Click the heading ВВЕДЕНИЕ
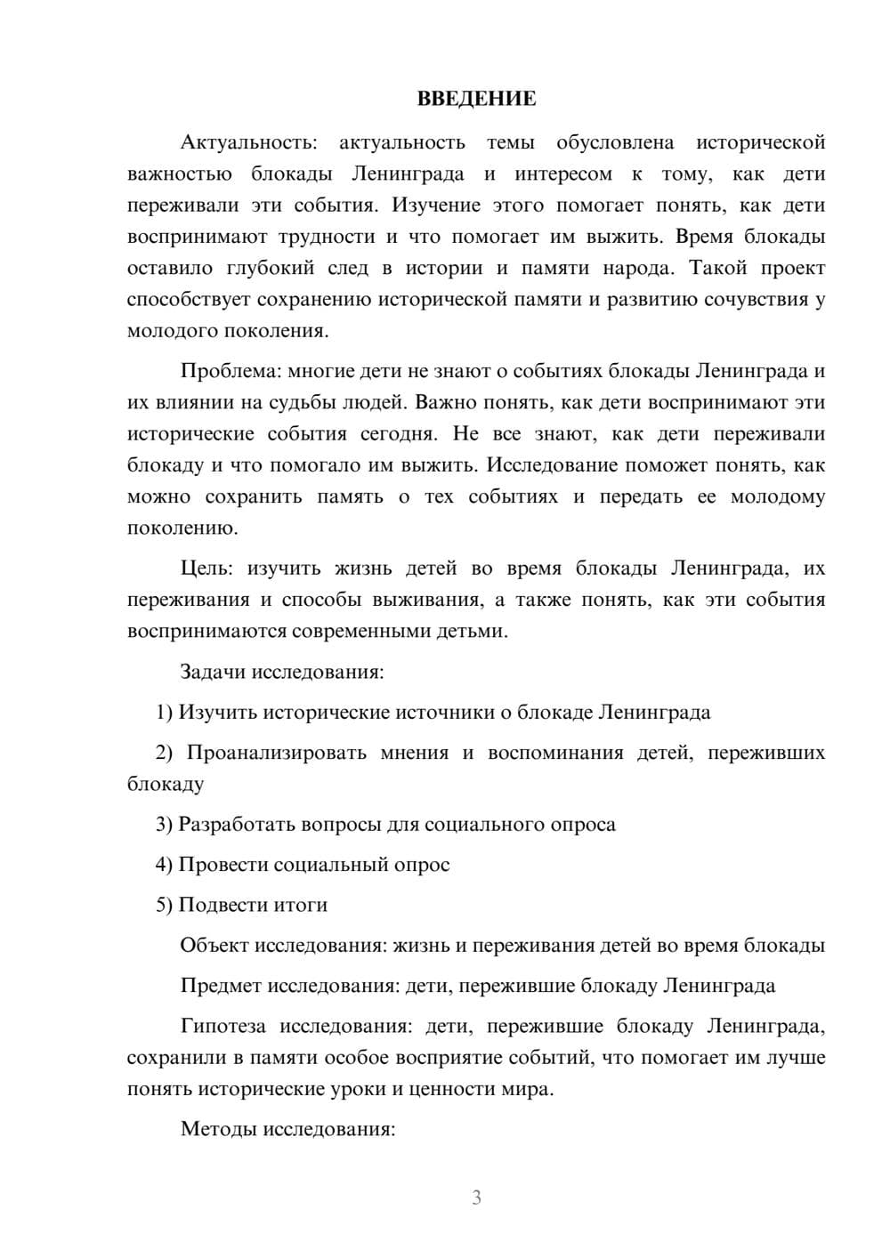coord(476,99)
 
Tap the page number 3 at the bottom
coord(476,1198)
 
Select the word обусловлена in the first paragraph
coord(615,142)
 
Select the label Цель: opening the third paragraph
coord(206,568)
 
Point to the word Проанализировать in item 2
coord(277,753)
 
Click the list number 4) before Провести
coord(164,864)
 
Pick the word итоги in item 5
coord(300,905)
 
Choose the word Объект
coord(214,945)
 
